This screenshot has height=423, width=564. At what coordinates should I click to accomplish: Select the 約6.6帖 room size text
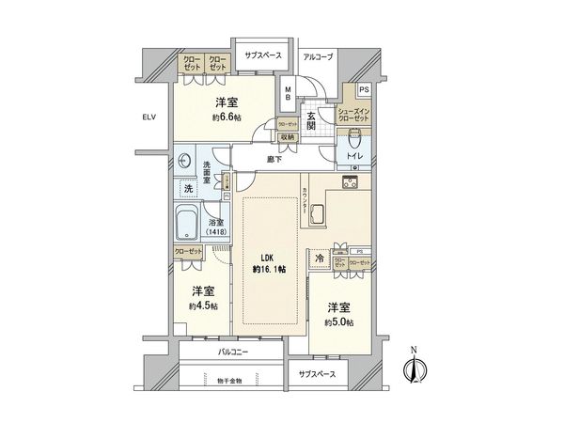[227, 118]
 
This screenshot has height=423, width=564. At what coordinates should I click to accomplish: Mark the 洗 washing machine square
[185, 189]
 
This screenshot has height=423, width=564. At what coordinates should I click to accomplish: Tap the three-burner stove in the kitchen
[352, 182]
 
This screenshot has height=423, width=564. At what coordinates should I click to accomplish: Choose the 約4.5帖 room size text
[202, 305]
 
